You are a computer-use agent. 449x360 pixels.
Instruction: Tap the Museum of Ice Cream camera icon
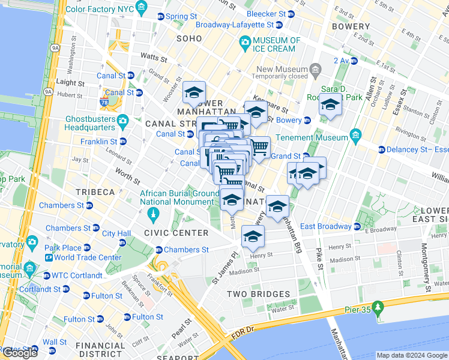(244, 41)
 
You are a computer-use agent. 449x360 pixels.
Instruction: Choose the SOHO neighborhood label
(189, 38)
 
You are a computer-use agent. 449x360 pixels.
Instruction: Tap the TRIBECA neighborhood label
(95, 192)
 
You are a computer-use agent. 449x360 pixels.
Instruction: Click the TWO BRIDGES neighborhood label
(258, 294)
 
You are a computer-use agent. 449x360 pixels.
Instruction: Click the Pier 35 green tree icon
(378, 308)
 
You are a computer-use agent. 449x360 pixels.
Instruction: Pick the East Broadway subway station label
(326, 226)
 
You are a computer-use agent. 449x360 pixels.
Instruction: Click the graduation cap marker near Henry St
(253, 236)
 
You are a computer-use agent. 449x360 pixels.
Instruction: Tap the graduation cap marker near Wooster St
(194, 92)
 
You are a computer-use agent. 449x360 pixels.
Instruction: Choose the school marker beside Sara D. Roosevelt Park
(330, 104)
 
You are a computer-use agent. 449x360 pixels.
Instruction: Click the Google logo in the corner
(20, 353)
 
